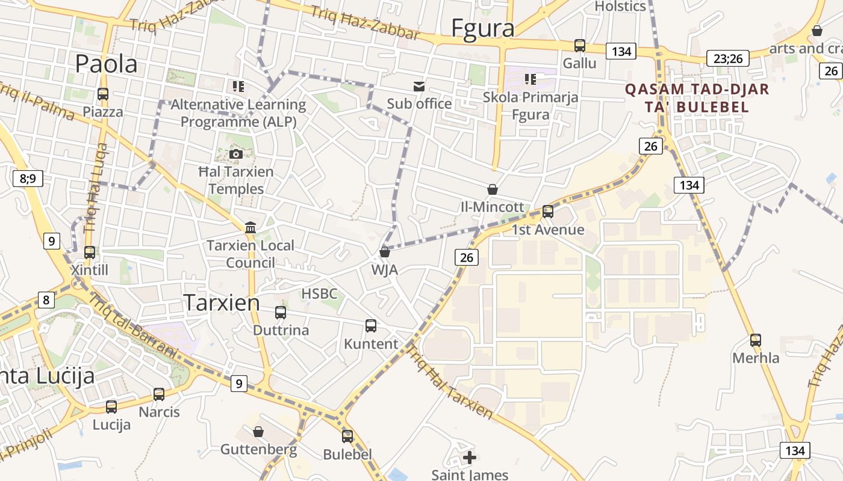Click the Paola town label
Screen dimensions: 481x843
[x=107, y=64]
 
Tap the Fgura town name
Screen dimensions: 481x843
[x=483, y=28]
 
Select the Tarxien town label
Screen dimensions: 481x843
[x=222, y=302]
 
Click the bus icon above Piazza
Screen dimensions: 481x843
[x=103, y=94]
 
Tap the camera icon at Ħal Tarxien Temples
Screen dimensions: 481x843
[x=236, y=154]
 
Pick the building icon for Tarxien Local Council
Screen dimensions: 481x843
[x=250, y=227]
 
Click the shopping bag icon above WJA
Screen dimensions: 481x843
[x=385, y=251]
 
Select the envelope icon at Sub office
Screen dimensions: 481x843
[x=418, y=86]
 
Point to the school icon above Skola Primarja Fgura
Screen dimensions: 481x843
[x=530, y=79]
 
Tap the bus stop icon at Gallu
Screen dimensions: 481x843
[x=579, y=45]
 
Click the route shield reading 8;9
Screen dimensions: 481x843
[x=28, y=178]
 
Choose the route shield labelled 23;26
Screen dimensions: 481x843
[x=727, y=58]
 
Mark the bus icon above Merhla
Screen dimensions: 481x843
[x=756, y=340]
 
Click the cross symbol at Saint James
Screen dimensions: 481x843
[x=470, y=458]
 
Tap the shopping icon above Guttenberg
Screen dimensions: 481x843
[x=258, y=432]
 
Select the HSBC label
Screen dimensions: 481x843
[x=319, y=294]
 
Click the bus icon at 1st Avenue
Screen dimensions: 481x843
[x=548, y=211]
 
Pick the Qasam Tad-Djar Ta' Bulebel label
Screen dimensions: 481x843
[x=697, y=98]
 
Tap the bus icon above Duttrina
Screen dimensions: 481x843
[x=281, y=312]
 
